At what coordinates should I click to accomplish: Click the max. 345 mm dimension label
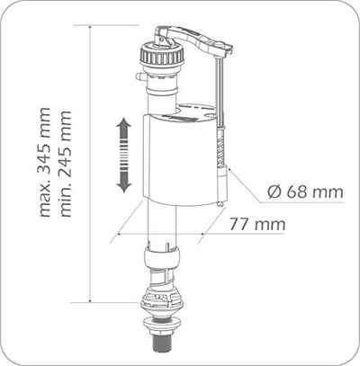(x=45, y=162)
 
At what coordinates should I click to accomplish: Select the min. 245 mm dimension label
(x=66, y=164)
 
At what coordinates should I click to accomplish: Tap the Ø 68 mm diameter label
(x=305, y=192)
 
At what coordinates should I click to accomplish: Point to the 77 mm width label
(x=257, y=224)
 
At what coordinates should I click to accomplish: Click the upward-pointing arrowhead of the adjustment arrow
(x=123, y=125)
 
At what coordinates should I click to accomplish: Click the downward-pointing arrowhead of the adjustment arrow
(x=123, y=185)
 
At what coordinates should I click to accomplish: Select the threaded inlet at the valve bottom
(x=159, y=342)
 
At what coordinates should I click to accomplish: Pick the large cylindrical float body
(x=179, y=159)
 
